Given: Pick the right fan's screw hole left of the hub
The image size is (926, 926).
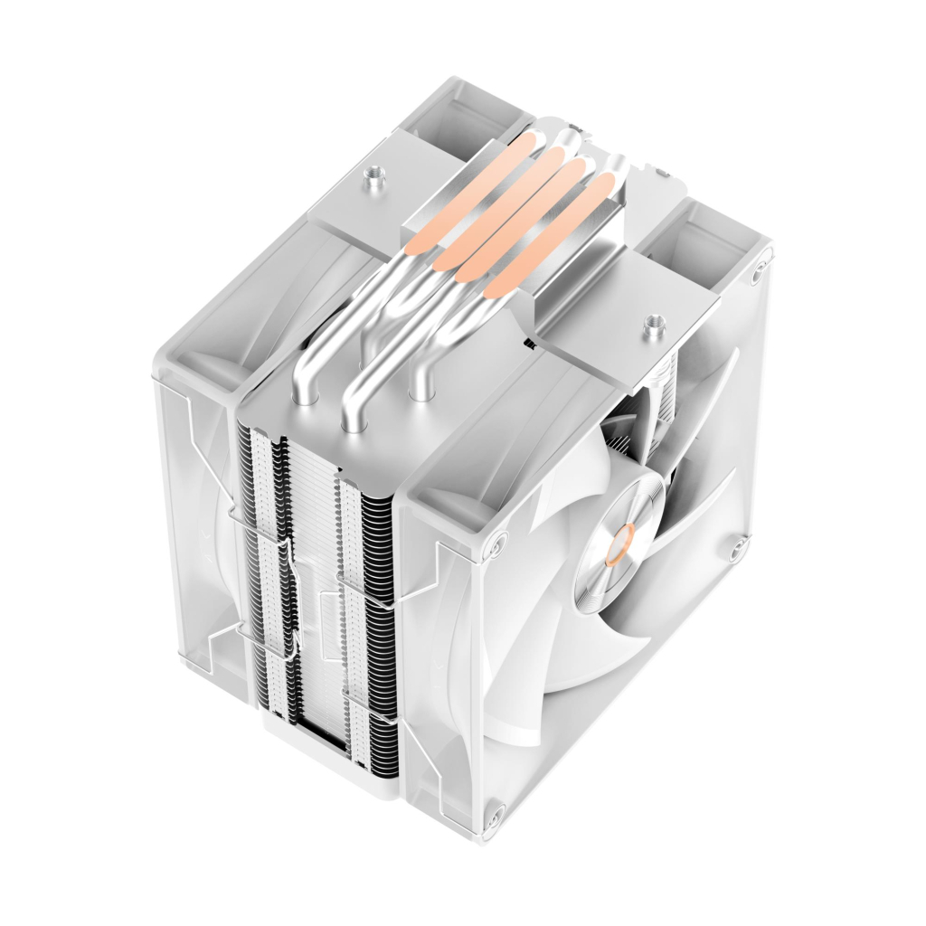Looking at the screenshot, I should pos(496,543).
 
